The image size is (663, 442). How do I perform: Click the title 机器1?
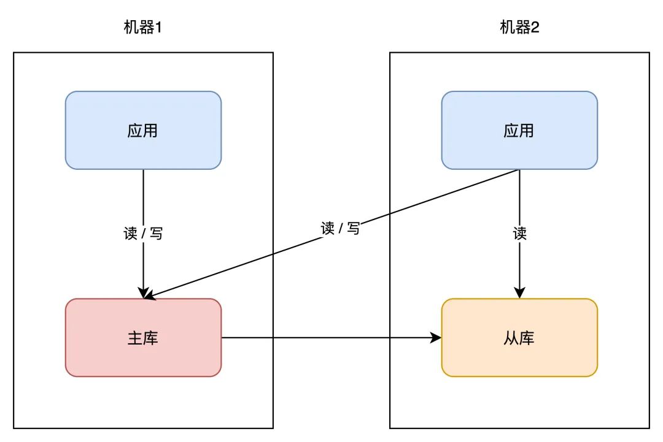coord(143,28)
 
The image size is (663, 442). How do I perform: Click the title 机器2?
coord(519,28)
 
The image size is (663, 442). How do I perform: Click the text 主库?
coord(143,338)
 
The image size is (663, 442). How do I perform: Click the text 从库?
coord(519,338)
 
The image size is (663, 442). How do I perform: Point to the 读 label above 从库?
coord(519,234)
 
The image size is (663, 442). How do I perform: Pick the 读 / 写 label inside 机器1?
coord(143,234)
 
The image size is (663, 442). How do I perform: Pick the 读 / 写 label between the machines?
coord(340,229)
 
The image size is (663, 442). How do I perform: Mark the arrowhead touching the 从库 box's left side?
coord(436,338)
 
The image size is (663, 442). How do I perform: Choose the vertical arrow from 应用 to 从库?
coord(520,202)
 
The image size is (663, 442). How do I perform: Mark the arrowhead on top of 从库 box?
coord(520,293)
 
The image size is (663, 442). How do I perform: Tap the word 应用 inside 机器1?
coord(143,131)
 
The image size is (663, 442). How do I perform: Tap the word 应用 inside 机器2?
coord(519,131)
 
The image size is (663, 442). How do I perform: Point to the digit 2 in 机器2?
coord(535,28)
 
